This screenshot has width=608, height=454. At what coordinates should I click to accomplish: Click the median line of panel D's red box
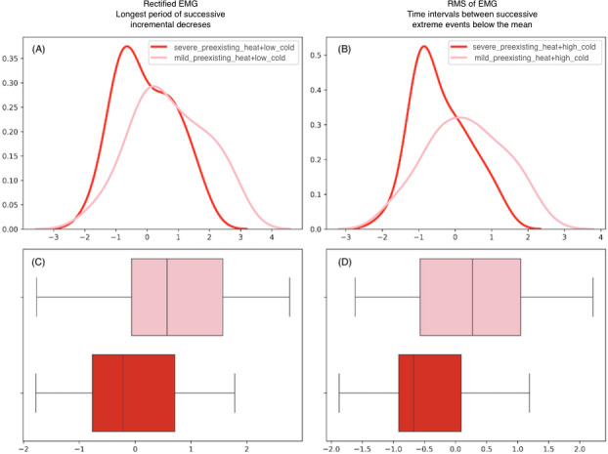pos(413,392)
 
